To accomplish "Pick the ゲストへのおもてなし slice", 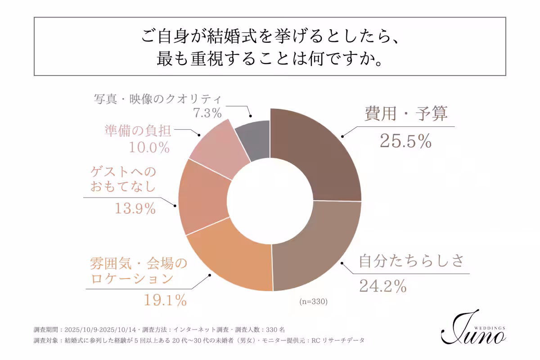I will pyautogui.click(x=202, y=198).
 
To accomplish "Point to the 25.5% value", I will pyautogui.click(x=405, y=141).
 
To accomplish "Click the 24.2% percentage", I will pyautogui.click(x=382, y=285).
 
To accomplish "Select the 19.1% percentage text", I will pyautogui.click(x=165, y=300).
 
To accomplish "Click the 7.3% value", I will pyautogui.click(x=207, y=113).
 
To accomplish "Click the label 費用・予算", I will pyautogui.click(x=405, y=114).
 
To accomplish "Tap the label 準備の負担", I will pyautogui.click(x=138, y=130).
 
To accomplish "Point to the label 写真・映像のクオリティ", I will pyautogui.click(x=158, y=99).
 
